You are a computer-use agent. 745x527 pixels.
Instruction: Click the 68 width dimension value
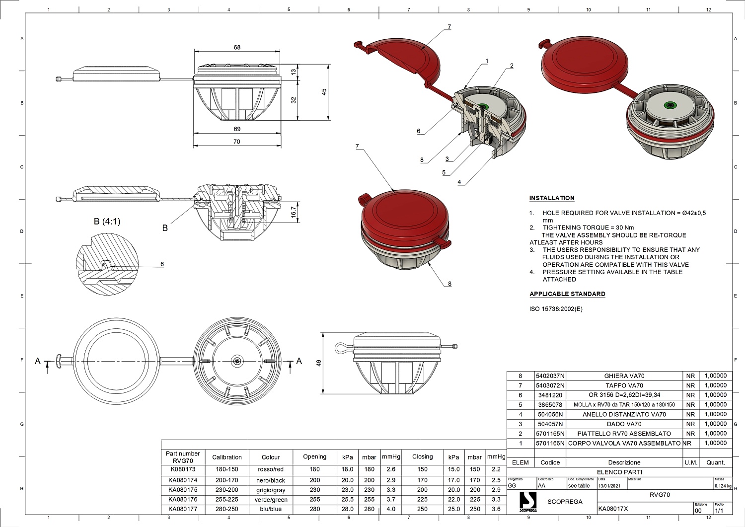pos(237,48)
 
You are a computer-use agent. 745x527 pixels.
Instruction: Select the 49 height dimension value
pos(319,363)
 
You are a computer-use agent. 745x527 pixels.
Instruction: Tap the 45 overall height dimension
pos(324,92)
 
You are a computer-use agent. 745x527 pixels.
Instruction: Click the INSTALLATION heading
pos(551,198)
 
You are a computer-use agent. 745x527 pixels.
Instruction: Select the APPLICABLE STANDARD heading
pos(567,294)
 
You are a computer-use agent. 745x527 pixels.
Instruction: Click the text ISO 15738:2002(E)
pos(556,309)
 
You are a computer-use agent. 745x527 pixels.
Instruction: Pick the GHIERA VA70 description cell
pos(624,376)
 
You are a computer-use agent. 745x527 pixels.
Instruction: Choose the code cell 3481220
pos(550,395)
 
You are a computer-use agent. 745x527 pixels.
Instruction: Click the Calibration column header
pos(227,457)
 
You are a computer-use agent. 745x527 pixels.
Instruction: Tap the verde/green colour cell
pos(271,500)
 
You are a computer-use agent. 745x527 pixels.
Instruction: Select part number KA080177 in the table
pos(183,509)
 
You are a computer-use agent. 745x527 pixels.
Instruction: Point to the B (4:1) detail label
pos(107,222)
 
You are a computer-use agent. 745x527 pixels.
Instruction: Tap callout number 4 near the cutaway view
pos(459,182)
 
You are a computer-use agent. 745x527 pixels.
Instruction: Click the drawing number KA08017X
pos(613,509)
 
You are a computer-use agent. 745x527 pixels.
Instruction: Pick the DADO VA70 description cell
pos(624,424)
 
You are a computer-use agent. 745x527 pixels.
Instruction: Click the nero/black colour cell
pos(271,480)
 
